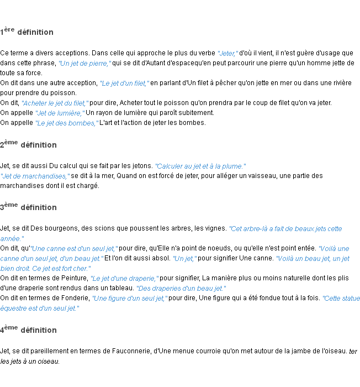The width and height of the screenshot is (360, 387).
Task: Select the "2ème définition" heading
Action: point(28,145)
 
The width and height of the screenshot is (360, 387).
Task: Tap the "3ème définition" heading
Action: point(28,207)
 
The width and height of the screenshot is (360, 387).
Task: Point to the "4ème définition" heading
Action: point(28,330)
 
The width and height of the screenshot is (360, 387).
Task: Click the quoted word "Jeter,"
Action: point(228,54)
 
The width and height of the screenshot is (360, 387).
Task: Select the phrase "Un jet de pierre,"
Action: point(85,64)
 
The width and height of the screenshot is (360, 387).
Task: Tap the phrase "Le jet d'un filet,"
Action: point(125,83)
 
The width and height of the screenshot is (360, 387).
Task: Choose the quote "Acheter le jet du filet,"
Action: point(55,103)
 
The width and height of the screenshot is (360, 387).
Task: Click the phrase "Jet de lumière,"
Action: point(60,113)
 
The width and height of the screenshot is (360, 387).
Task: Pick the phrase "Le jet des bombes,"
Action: point(67,123)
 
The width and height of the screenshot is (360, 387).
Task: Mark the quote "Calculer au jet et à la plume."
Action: point(200,166)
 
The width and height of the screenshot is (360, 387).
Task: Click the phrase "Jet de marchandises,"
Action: point(35,176)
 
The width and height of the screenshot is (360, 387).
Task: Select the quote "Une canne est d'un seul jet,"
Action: point(74,249)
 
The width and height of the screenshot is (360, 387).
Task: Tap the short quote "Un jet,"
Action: point(184,259)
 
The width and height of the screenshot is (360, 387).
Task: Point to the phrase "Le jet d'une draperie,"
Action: point(125,279)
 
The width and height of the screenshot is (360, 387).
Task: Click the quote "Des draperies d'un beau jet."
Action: point(181,289)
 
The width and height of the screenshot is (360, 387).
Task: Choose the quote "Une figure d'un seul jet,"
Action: point(130,299)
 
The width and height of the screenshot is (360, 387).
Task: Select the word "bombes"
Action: point(82,123)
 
